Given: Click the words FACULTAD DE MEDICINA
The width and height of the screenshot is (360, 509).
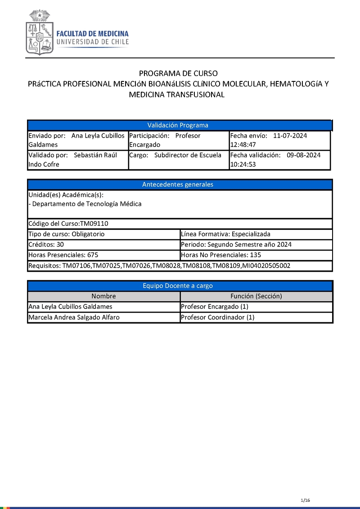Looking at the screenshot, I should point(92,34).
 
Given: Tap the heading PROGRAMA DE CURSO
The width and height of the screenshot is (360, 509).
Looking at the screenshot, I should point(178,73).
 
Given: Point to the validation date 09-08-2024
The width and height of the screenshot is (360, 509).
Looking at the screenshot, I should point(303,155).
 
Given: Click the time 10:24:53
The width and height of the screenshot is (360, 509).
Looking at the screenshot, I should point(243,165).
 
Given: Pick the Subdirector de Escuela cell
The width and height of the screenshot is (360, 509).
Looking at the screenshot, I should point(188,155).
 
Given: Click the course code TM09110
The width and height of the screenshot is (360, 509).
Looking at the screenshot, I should point(94,223).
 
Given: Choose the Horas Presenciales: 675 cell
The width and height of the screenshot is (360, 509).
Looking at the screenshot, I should point(63,255).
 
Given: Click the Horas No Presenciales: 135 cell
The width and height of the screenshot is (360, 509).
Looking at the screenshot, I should point(221,255).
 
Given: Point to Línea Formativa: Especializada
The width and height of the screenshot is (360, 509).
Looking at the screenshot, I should point(225,234).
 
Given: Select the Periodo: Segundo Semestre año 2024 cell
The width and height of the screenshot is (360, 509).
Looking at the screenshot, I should point(236,245).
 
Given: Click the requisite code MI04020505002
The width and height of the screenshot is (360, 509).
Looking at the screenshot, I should point(266,266).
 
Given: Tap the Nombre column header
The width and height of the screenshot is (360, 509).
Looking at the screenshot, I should point(103,296).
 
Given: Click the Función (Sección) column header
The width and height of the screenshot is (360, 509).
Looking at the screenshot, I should point(256,296).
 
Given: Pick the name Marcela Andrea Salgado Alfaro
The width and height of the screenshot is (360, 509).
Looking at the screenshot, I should point(74,317).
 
